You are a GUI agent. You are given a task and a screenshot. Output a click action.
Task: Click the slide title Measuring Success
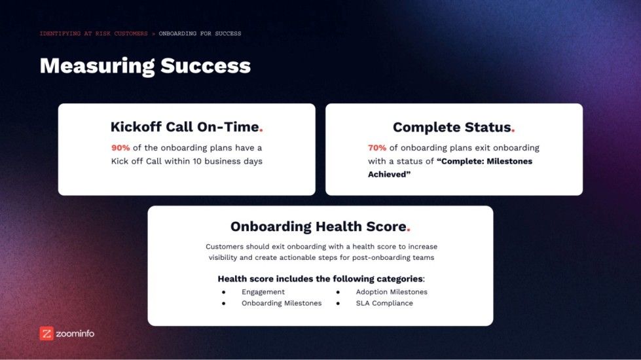pyautogui.click(x=145, y=66)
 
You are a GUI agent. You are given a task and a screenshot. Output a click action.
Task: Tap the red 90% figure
pyautogui.click(x=120, y=148)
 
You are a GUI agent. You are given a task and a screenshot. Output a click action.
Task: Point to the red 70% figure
pyautogui.click(x=377, y=148)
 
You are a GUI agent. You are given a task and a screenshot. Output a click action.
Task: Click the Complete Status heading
pyautogui.click(x=451, y=128)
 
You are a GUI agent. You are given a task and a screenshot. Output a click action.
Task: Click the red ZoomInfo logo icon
pyautogui.click(x=46, y=333)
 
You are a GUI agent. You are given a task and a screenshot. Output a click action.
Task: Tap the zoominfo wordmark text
pyautogui.click(x=75, y=333)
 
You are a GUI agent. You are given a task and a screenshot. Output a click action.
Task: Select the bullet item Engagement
pyautogui.click(x=263, y=292)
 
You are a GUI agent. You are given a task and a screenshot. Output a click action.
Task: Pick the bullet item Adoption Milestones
pyautogui.click(x=392, y=292)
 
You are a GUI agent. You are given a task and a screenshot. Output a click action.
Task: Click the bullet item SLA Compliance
pyautogui.click(x=384, y=303)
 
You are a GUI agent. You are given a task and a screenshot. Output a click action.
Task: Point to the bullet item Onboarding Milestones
pyautogui.click(x=282, y=303)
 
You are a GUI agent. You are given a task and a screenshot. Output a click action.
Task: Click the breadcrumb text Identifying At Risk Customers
pyautogui.click(x=94, y=33)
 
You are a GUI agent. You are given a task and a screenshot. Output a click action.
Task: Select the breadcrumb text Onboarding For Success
pyautogui.click(x=200, y=33)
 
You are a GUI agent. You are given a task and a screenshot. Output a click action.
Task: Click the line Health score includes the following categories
pyautogui.click(x=321, y=279)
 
